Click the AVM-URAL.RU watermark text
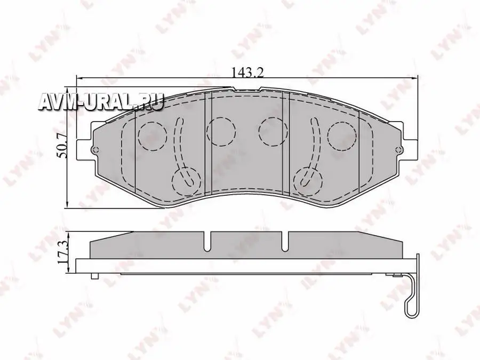tap(101, 101)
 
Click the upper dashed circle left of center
tap(221, 131)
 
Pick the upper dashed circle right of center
tap(272, 131)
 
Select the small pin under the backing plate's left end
tap(94, 276)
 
